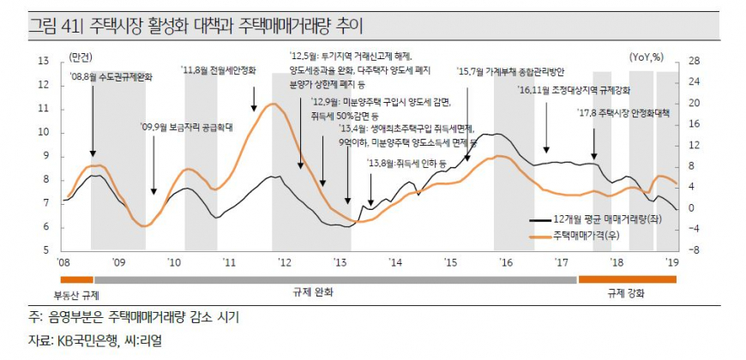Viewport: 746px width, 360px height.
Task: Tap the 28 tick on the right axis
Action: [x=694, y=61]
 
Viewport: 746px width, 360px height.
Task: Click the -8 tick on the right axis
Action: [x=694, y=250]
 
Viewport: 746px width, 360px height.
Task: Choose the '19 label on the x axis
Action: [x=673, y=261]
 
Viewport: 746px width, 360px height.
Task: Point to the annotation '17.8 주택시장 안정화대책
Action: [x=623, y=112]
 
